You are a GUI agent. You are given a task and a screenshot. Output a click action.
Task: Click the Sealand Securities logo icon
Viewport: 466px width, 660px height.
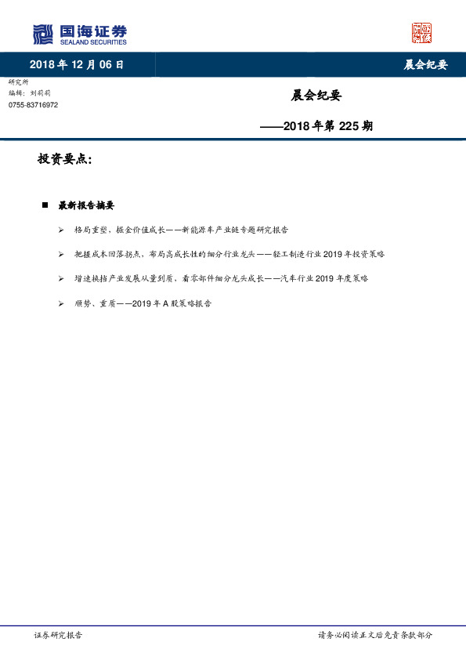(43, 34)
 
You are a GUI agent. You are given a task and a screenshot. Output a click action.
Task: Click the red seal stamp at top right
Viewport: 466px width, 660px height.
(422, 33)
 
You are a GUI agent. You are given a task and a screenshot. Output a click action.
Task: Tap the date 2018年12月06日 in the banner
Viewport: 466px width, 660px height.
(77, 65)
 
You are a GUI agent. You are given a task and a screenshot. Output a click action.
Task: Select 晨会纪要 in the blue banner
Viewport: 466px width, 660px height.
(425, 65)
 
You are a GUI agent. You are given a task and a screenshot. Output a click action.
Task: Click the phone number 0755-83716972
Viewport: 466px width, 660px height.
(33, 105)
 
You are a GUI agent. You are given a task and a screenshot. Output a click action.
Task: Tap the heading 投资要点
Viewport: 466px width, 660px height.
(64, 159)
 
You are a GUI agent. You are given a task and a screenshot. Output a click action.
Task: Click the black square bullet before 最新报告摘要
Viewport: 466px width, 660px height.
(45, 205)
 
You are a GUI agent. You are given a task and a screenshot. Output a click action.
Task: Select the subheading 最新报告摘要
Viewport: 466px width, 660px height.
(86, 205)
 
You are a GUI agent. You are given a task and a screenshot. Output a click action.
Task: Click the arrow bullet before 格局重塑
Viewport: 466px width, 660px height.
(61, 230)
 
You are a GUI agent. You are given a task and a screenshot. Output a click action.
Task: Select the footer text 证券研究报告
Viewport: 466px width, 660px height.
(59, 635)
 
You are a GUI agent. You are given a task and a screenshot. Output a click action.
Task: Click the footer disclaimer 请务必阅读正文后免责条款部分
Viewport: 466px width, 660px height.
(374, 635)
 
